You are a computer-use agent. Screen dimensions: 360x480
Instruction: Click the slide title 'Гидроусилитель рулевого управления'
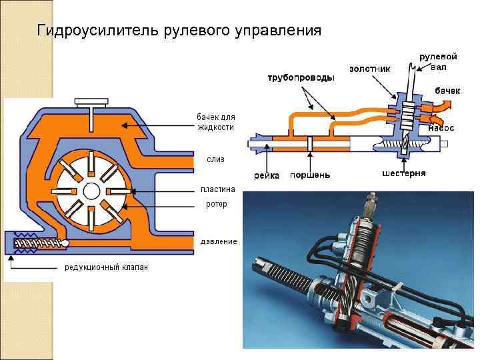[x=179, y=31]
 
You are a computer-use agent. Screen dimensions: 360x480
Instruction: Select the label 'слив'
[x=215, y=159]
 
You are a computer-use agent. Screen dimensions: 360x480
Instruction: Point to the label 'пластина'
[x=219, y=189]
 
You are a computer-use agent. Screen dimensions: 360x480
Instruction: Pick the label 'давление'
[x=219, y=241]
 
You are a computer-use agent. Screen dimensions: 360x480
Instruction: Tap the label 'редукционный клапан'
[x=106, y=267]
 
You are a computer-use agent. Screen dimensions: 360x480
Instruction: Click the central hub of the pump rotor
[x=92, y=189]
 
